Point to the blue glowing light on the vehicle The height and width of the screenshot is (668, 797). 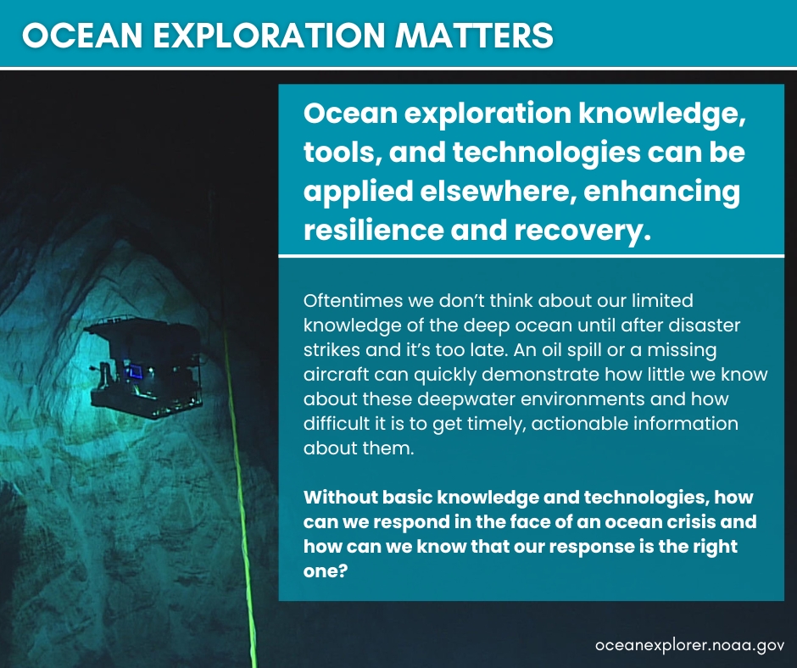tap(134, 370)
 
